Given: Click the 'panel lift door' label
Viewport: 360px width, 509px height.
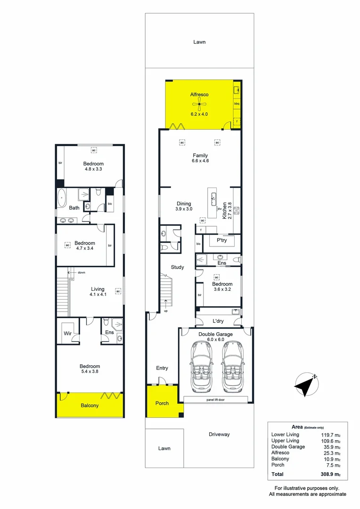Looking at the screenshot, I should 215,400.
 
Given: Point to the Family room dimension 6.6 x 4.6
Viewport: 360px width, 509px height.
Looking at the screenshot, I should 200,161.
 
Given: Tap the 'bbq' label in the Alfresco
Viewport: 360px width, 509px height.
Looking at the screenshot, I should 237,103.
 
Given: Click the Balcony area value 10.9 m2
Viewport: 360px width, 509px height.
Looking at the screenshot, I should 332,459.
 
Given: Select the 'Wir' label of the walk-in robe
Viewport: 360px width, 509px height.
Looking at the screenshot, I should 67,334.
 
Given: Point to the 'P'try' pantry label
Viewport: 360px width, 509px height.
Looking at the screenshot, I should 222,240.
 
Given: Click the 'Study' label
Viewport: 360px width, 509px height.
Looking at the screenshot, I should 177,267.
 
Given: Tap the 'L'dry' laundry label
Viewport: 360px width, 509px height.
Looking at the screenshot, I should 218,321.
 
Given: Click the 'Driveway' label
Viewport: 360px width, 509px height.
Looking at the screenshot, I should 220,434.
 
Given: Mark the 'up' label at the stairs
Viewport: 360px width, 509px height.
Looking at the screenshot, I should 166,311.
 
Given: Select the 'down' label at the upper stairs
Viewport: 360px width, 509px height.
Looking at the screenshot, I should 81,272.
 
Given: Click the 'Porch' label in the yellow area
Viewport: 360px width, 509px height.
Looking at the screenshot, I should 162,403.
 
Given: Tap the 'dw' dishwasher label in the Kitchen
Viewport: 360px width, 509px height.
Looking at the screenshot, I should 220,208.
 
